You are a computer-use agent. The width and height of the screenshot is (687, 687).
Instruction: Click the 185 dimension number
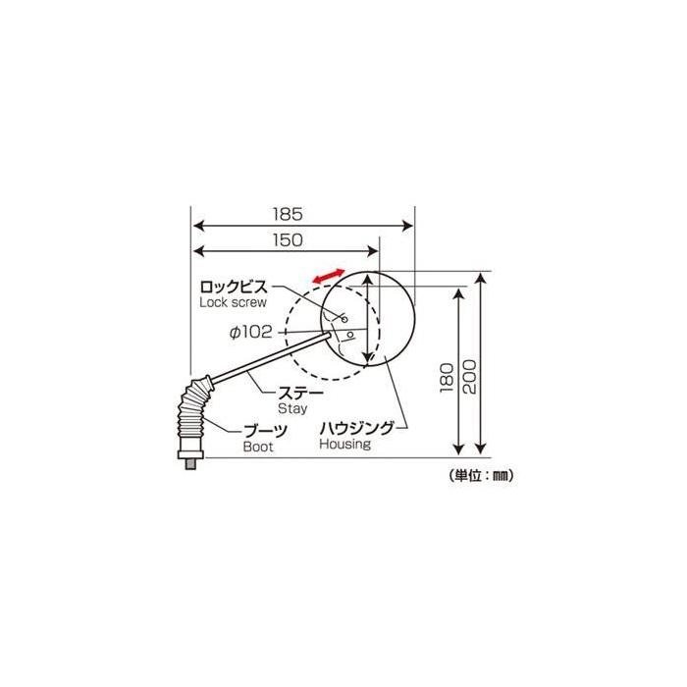[x=288, y=214]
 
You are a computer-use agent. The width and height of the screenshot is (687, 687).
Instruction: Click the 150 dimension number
[x=288, y=239]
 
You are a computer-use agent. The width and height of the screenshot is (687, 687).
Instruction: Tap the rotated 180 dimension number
[x=446, y=378]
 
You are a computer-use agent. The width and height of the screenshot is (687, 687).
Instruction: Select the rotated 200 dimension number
[x=469, y=377]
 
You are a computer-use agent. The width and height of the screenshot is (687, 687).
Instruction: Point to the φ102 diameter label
[x=251, y=332]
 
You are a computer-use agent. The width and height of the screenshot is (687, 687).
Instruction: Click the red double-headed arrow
[x=329, y=276]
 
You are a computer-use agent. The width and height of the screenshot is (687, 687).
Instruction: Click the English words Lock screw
[x=233, y=302]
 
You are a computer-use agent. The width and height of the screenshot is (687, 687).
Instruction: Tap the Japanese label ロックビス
[x=234, y=288]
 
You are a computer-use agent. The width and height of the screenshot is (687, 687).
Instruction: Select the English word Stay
[x=292, y=409]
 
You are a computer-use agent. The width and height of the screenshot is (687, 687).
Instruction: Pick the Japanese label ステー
[x=301, y=393]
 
